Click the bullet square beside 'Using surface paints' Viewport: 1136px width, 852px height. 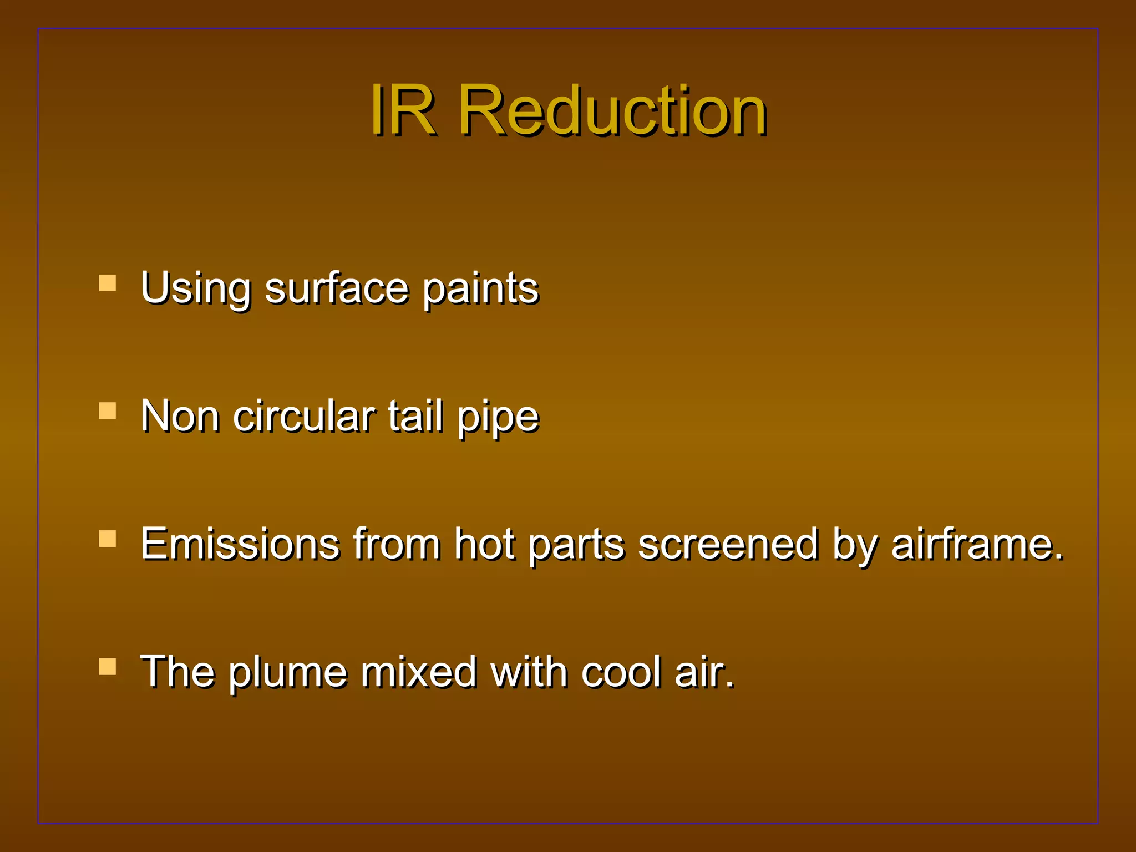click(107, 283)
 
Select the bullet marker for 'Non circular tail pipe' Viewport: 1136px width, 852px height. click(107, 410)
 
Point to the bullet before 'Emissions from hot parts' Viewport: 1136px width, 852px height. click(107, 539)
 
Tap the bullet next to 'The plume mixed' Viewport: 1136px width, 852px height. click(107, 666)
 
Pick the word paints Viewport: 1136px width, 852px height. click(480, 288)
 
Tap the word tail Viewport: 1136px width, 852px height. click(415, 416)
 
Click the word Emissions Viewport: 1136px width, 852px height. click(240, 544)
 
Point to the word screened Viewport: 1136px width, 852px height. click(728, 544)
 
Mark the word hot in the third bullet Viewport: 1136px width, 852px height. click(484, 544)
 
